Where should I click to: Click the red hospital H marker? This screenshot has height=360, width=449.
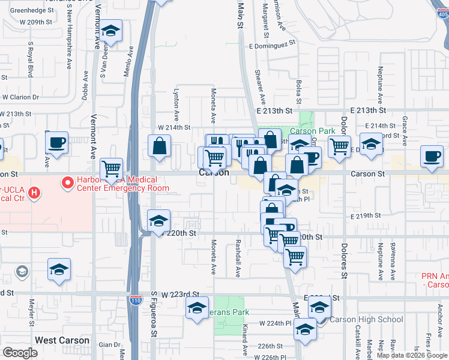click(x=35, y=193)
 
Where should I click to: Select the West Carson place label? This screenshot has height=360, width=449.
click(x=62, y=340)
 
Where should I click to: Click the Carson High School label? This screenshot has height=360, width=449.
click(x=366, y=319)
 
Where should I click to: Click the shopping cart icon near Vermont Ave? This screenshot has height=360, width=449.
click(x=112, y=169)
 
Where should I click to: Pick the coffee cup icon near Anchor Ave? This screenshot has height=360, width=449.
click(x=432, y=156)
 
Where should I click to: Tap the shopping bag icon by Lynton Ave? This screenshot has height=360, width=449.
click(x=160, y=146)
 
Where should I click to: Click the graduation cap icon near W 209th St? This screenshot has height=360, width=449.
click(x=110, y=32)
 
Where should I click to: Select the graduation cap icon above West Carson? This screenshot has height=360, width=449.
click(x=59, y=269)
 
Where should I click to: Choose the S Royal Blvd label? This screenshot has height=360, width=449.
click(x=30, y=59)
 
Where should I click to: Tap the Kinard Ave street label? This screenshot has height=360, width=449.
click(x=246, y=340)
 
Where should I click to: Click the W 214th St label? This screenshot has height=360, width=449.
click(x=174, y=127)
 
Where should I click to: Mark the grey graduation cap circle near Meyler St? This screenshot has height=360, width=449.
click(x=22, y=272)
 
